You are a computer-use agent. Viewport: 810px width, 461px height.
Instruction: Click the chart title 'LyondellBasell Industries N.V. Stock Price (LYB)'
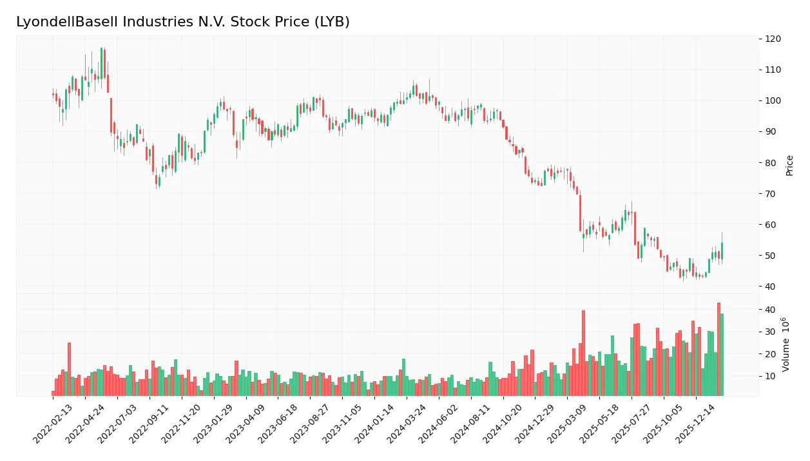click(183, 22)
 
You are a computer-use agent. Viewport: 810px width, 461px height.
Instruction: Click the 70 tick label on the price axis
click(771, 194)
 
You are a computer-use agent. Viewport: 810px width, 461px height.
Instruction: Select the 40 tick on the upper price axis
click(771, 287)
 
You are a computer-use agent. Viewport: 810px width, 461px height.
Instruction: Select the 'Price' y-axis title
click(789, 165)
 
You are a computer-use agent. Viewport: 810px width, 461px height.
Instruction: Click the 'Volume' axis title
click(786, 344)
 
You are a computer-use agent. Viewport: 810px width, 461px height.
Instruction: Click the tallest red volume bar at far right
click(718, 349)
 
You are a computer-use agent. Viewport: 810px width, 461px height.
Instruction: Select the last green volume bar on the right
click(722, 354)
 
